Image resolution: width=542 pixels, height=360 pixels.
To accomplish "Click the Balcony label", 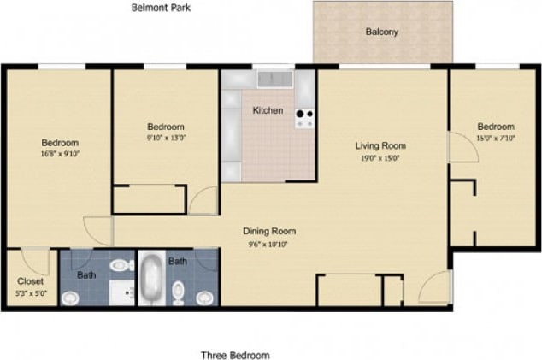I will (x=382, y=32).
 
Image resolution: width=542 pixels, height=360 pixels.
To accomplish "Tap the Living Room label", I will (x=380, y=145).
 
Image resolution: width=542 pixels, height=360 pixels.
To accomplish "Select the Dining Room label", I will (x=269, y=231).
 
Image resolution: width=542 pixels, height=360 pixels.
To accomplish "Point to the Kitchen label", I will (x=268, y=110).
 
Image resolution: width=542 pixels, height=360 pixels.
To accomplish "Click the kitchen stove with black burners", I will (x=304, y=118).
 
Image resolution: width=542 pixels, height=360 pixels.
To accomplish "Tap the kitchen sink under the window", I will (x=274, y=80).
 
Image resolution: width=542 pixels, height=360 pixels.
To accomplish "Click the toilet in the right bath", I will (x=179, y=293).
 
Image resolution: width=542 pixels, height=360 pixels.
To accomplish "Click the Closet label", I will (x=31, y=280).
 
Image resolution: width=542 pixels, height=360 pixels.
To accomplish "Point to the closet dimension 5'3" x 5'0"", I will (x=31, y=292).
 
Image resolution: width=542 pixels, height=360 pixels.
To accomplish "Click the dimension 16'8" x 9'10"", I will (x=60, y=155).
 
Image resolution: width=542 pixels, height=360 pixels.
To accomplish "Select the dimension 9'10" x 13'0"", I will (x=166, y=137).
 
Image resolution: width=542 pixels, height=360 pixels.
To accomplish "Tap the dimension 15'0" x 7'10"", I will (x=496, y=137).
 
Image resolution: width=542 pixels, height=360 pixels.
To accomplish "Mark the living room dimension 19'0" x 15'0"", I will (x=380, y=157).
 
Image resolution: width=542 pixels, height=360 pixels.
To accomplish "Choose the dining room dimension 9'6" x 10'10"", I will (x=269, y=244).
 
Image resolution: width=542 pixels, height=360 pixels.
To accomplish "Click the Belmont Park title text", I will (x=161, y=8).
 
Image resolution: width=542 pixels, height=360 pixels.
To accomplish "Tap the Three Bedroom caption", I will (x=235, y=355).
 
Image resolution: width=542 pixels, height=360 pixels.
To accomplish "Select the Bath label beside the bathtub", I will (x=178, y=261).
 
